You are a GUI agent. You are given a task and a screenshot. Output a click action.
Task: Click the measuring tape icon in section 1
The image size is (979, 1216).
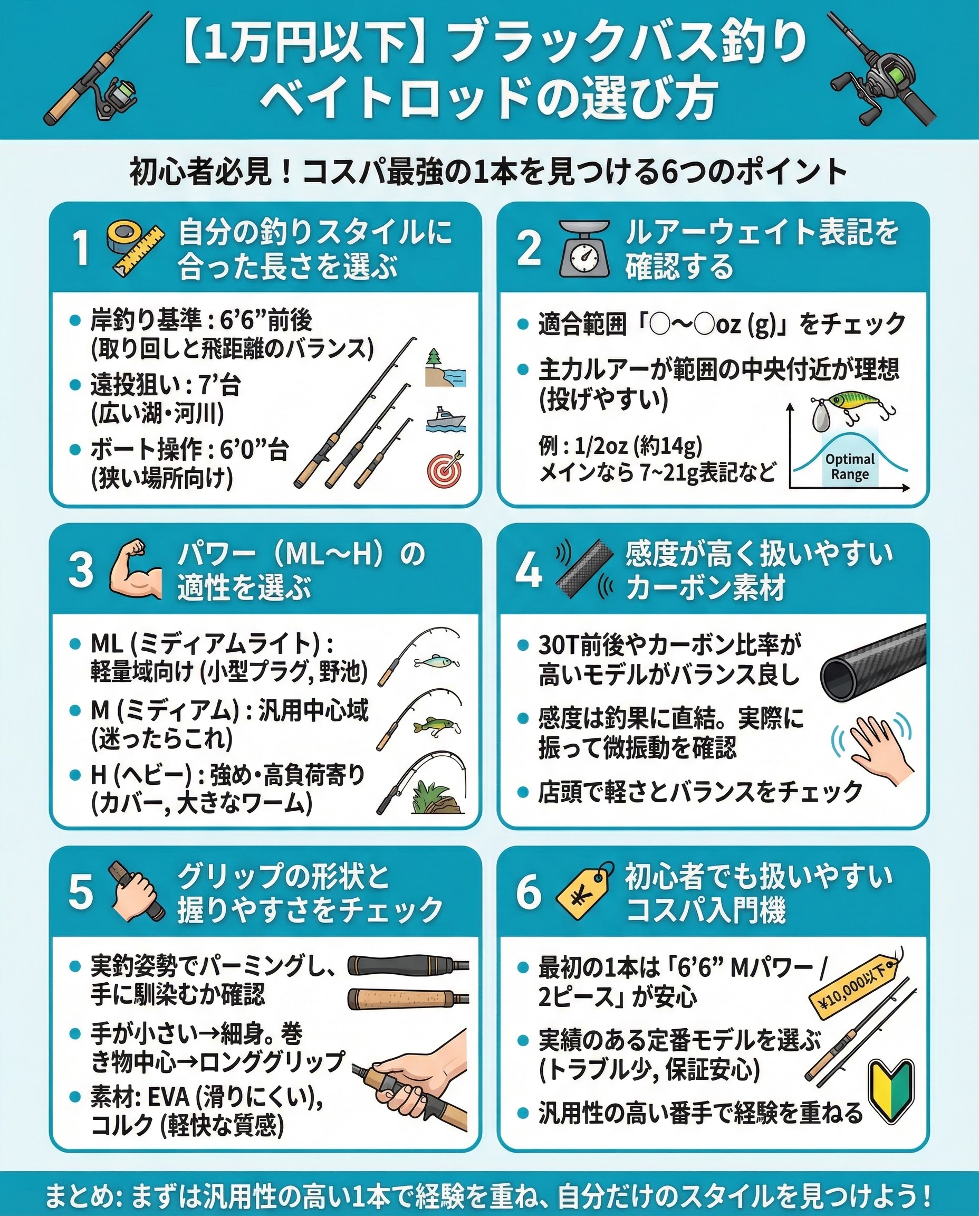coord(136,248)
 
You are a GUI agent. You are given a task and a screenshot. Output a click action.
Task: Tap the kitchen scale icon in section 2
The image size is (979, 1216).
coord(584,248)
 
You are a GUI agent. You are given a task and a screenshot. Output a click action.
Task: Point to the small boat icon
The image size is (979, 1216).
coord(446,419)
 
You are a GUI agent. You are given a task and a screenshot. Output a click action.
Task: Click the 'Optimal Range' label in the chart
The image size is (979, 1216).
coord(850,466)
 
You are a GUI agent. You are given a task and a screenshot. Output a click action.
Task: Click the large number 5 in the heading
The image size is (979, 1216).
coord(81,892)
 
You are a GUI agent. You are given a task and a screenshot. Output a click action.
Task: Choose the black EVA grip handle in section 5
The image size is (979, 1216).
coord(408,965)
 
